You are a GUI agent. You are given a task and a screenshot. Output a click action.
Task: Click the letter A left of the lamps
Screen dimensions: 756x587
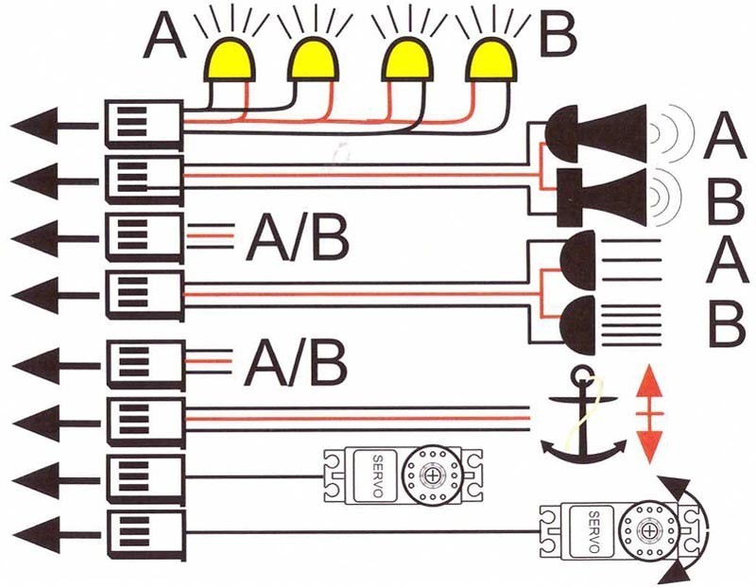164,37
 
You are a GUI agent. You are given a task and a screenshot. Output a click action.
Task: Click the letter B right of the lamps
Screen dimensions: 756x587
558,34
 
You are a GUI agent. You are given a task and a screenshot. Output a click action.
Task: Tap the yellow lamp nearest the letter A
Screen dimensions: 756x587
229,60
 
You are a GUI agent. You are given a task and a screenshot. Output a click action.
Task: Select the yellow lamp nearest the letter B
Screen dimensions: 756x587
490,60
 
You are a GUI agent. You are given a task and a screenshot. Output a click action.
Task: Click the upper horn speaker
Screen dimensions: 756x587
596,133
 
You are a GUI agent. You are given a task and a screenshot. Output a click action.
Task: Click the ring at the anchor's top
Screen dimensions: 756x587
582,374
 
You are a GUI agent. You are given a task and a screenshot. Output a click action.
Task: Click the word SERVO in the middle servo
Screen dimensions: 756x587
378,476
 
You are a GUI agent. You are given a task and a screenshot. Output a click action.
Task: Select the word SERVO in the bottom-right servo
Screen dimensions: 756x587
594,531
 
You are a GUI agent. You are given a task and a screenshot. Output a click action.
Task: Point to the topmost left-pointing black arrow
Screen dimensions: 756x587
54,126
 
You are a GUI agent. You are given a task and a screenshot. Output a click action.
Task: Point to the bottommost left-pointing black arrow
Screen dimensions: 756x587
56,535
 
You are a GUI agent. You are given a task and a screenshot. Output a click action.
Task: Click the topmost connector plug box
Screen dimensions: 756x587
145,125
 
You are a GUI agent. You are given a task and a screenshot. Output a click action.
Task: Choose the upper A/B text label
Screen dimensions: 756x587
298,238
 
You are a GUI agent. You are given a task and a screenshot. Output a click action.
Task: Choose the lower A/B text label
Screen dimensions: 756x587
296,363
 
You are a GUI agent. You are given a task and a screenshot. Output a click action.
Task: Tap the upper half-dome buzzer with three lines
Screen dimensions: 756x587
577,260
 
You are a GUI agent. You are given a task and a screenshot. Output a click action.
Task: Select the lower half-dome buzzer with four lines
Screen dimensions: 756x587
577,325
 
